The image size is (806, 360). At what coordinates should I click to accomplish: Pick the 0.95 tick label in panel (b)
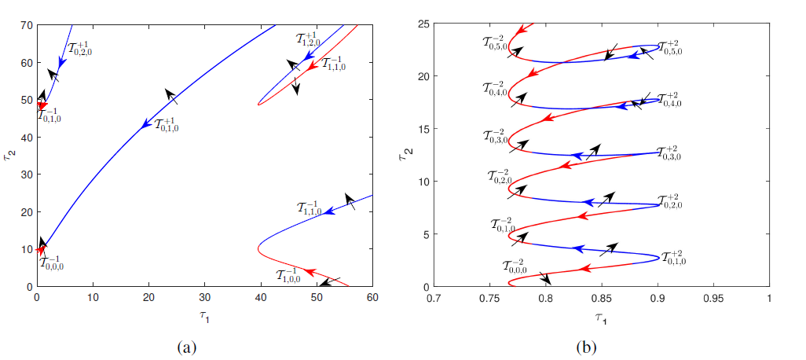tap(713, 298)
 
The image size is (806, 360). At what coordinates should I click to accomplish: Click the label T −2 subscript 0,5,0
tap(498, 42)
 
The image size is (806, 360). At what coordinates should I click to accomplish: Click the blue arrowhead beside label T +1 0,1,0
tap(146, 124)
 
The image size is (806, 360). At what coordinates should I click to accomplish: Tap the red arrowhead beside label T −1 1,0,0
tap(309, 272)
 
